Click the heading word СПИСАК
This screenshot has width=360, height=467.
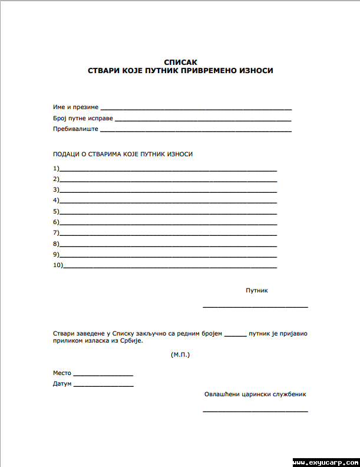[x=180, y=62]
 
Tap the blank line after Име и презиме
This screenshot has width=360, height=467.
[x=196, y=109]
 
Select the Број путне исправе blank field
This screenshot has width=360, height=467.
[x=203, y=120]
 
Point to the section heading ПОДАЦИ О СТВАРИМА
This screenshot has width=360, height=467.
[x=123, y=154]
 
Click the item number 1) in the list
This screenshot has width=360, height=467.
[x=56, y=168]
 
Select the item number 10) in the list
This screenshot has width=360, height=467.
[x=58, y=265]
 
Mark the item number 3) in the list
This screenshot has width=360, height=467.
[x=56, y=190]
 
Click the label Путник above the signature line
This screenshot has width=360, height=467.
[x=257, y=291]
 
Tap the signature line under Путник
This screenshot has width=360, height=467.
[x=255, y=307]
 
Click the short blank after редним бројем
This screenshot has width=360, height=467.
[x=236, y=335]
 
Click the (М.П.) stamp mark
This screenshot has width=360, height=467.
[x=180, y=355]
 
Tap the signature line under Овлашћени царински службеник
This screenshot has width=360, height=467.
[x=255, y=410]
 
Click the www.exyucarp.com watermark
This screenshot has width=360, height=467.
[x=326, y=462]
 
